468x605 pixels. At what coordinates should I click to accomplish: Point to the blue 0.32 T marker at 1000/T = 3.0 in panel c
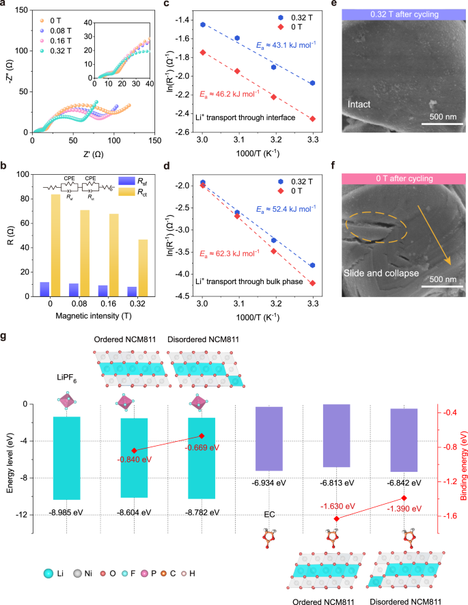(x=202, y=24)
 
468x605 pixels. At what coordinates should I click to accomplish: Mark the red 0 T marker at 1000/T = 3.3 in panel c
(x=312, y=119)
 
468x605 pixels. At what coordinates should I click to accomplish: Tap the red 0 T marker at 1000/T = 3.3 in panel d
(x=312, y=283)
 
